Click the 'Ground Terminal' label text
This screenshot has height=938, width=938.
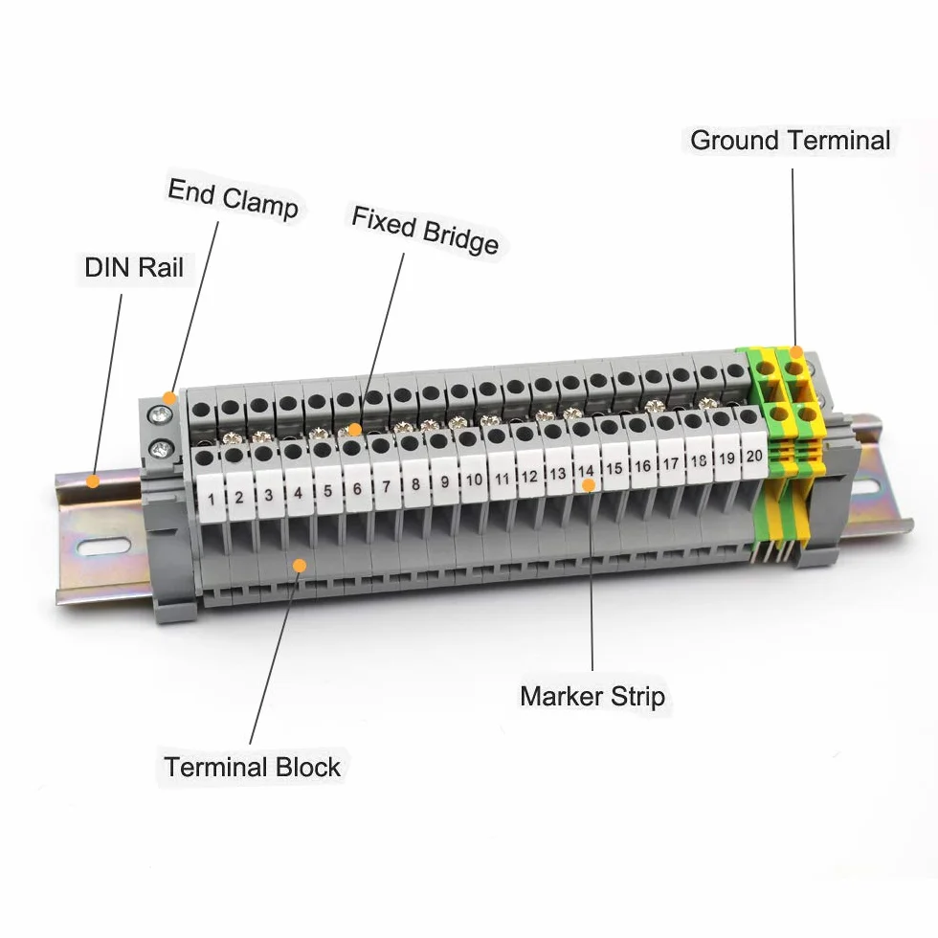point(791,142)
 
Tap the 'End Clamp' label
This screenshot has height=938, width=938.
point(234,199)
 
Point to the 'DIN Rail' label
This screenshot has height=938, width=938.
point(134,267)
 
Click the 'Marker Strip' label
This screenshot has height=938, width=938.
point(592,697)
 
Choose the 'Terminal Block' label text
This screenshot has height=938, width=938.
point(252,767)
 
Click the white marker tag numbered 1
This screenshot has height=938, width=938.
point(211,500)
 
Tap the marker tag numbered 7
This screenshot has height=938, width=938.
point(387,487)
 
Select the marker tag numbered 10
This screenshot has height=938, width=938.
point(474,480)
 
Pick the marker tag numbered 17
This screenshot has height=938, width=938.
point(671,464)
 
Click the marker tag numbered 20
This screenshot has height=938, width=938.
point(754,456)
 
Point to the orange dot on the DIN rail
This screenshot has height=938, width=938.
point(93,480)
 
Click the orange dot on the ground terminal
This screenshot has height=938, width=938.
point(795,352)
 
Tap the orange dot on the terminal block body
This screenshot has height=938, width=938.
point(300,566)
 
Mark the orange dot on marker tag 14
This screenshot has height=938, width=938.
point(589,485)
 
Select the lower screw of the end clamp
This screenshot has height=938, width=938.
point(161,448)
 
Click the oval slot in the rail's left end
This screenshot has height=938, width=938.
point(103,547)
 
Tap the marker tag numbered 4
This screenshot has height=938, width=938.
point(299,494)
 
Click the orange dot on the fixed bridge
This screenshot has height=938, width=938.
point(355,430)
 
